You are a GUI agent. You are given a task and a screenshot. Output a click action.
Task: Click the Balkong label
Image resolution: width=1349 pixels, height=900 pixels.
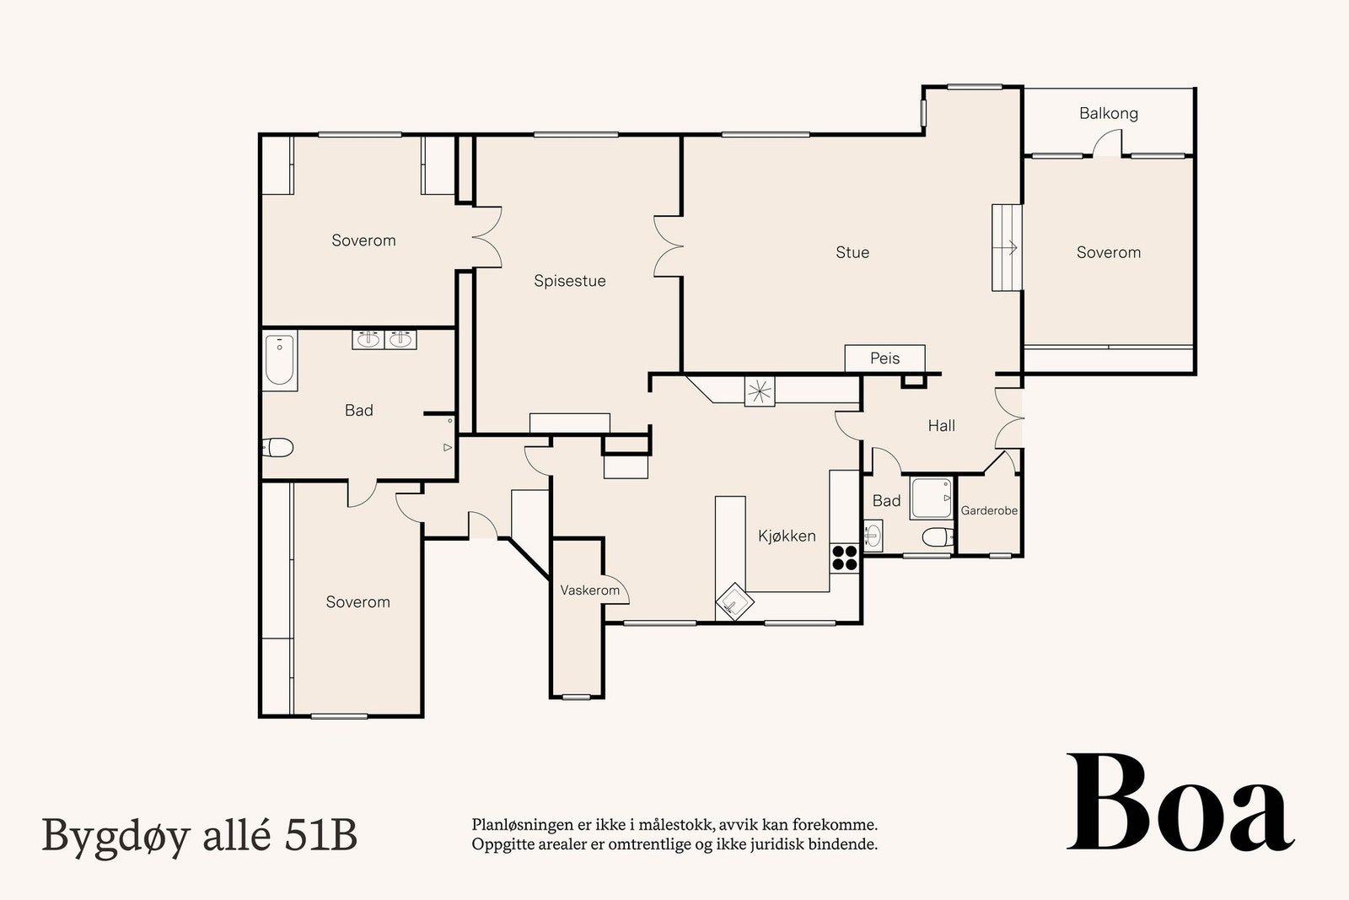point(1108,113)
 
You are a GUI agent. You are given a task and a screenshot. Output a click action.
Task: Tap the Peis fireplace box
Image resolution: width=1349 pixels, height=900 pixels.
point(884,358)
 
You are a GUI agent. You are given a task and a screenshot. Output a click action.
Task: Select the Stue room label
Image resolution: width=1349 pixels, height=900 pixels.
point(852,252)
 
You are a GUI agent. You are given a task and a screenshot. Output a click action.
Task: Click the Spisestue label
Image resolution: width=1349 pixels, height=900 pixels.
point(569,281)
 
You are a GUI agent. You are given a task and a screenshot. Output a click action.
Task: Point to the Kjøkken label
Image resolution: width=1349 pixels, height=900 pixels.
point(786,536)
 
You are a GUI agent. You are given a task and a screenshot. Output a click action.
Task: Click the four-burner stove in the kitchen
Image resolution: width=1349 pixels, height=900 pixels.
point(845,558)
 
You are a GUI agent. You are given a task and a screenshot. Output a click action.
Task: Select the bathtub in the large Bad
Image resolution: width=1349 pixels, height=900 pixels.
point(279,361)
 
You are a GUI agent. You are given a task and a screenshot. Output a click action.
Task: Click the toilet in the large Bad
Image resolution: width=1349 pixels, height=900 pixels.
point(277,447)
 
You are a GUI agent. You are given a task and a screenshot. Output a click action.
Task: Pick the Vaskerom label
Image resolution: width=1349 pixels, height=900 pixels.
point(589,590)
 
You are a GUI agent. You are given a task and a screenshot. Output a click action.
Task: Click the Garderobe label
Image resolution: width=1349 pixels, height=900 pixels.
point(989,510)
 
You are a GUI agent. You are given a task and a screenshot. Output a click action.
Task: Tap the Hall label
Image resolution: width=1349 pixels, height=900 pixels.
point(941,426)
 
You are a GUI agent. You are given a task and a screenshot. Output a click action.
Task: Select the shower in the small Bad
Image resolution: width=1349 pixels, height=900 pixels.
point(931,499)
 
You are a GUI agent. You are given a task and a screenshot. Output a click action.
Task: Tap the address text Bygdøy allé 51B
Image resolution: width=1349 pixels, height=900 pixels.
point(199,835)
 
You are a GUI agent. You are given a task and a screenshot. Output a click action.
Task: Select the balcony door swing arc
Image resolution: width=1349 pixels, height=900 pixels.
point(1107,145)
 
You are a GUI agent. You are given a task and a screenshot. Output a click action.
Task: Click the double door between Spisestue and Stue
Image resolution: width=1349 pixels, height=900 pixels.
point(669,245)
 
